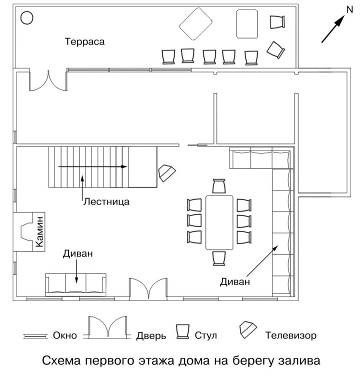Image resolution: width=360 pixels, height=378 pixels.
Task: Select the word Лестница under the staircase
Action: (105, 200)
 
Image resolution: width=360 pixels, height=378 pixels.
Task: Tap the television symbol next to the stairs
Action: (166, 172)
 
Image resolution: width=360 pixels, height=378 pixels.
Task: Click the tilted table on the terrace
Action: (196, 22)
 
